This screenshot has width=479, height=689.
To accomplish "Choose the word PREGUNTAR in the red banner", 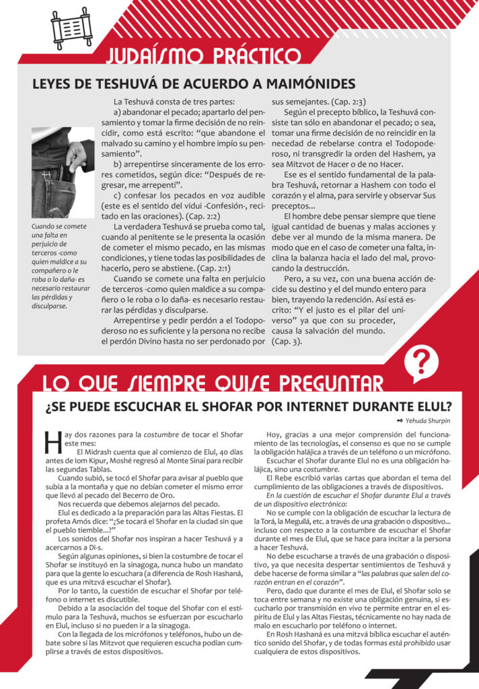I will (x=328, y=384).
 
